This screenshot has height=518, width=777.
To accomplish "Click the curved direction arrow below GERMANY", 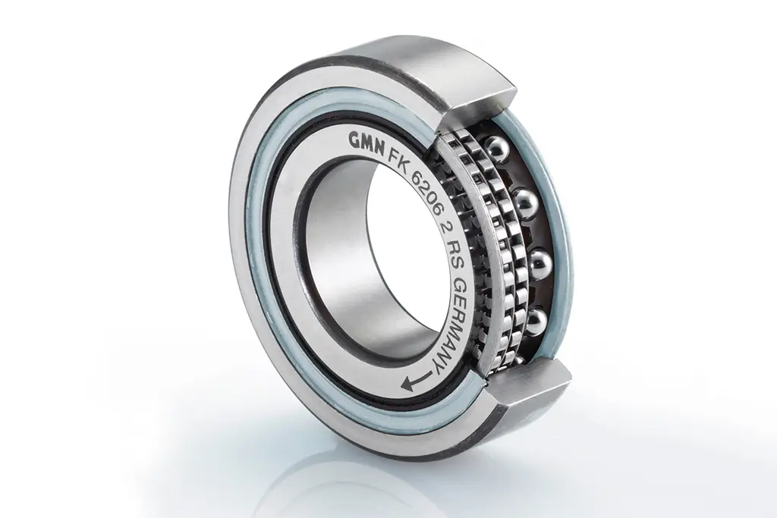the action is [x=418, y=380].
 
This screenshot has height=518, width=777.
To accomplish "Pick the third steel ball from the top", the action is [x=541, y=262].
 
